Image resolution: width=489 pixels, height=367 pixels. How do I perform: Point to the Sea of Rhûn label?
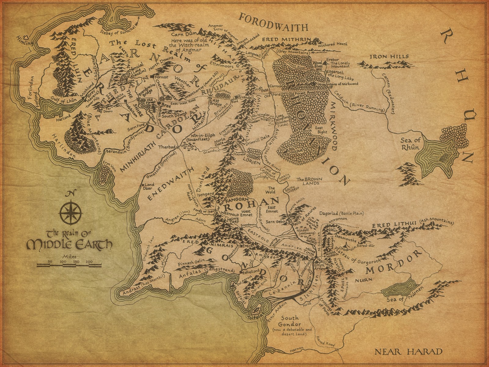click(411, 144)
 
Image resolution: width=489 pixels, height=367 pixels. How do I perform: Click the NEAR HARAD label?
click(408, 351)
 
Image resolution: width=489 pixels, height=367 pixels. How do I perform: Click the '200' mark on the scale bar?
click(89, 262)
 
